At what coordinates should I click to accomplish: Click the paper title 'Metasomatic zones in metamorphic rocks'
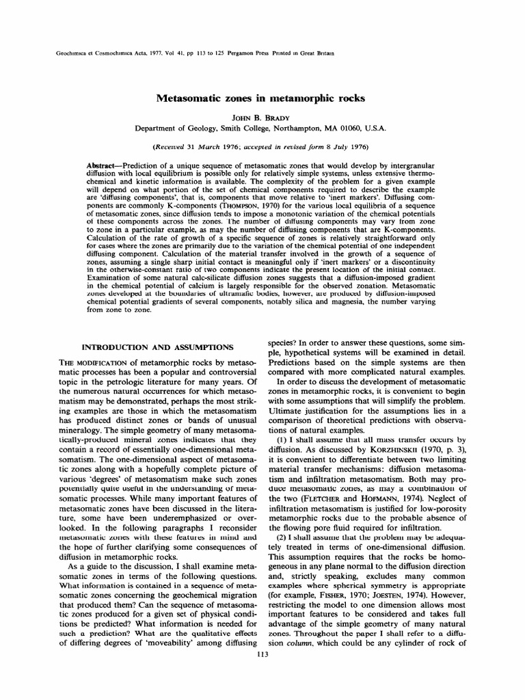262,98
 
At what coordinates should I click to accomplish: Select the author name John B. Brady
262,117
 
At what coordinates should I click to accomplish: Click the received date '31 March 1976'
215,147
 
